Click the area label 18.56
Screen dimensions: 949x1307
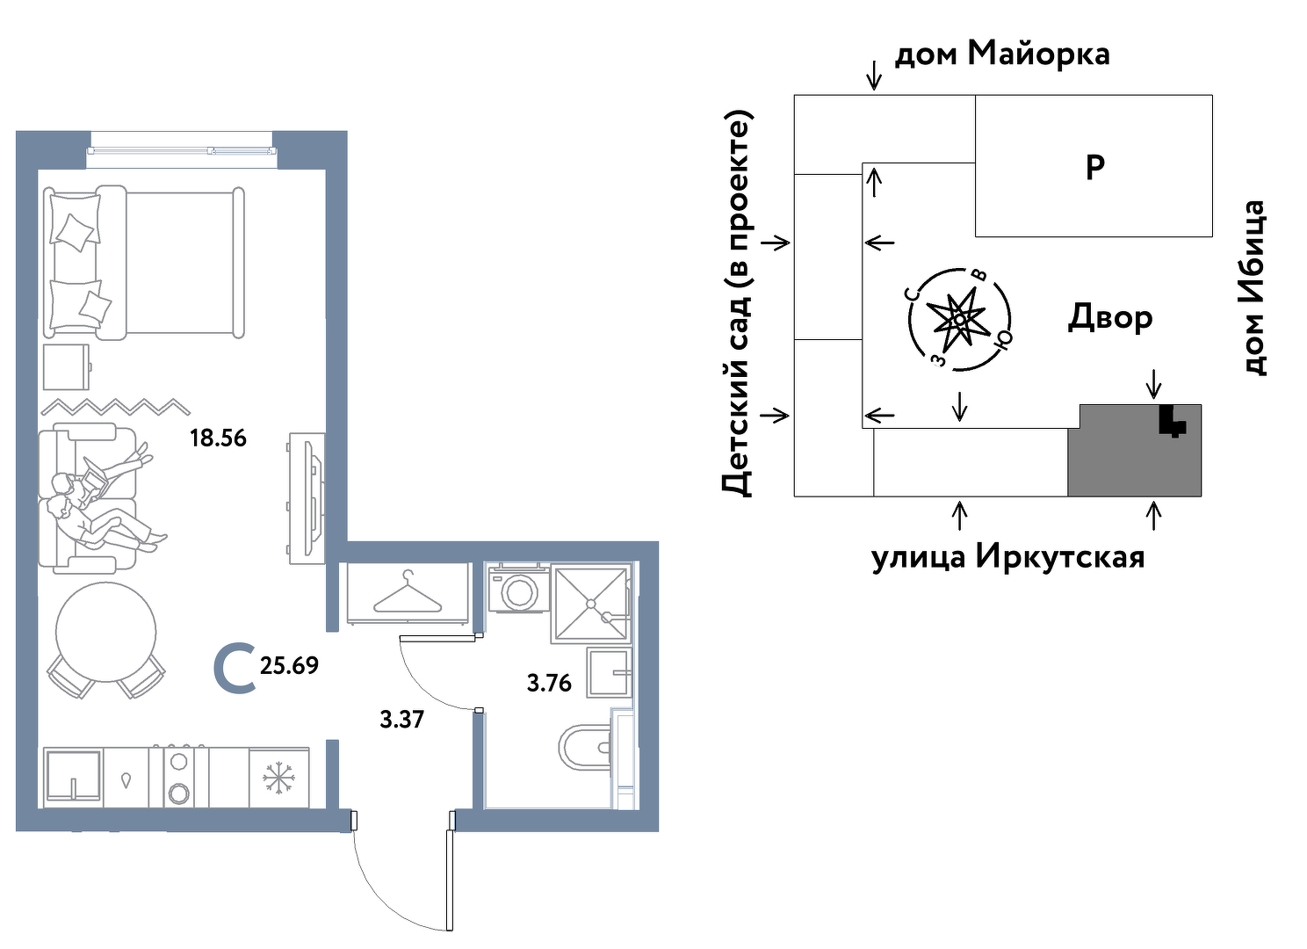pos(218,438)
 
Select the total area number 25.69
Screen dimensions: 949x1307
pos(289,666)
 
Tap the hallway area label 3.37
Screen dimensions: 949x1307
pos(401,720)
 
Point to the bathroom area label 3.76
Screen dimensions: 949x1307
pos(549,683)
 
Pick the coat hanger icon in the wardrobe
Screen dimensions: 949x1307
pos(407,593)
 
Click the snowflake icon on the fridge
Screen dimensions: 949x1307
pos(278,778)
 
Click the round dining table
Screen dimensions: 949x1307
pos(106,632)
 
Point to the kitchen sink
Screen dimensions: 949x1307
pos(73,776)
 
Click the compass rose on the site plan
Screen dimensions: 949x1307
pos(958,318)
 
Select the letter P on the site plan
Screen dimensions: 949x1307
pos(1094,167)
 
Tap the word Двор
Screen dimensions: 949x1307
pos(1110,317)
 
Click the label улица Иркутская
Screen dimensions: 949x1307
pos(1007,557)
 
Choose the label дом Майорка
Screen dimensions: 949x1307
pos(1001,54)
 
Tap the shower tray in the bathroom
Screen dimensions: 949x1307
pos(589,604)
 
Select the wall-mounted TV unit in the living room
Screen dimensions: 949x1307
pos(307,497)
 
